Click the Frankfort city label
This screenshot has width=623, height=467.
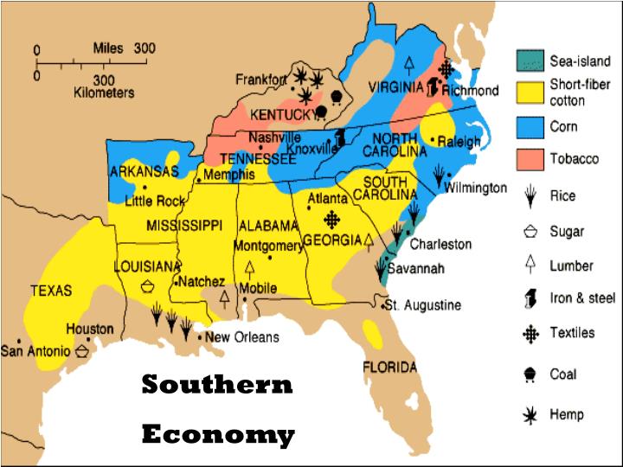tap(261, 80)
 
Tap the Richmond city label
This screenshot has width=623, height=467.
tap(470, 90)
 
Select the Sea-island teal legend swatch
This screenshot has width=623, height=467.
tap(530, 61)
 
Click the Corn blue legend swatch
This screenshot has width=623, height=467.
tap(530, 126)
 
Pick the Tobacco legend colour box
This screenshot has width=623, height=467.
tap(530, 159)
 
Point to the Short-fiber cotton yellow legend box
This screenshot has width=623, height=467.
tap(530, 93)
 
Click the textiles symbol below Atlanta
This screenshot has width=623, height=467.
tap(331, 221)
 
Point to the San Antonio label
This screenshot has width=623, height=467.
tap(35, 350)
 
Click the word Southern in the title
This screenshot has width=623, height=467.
tap(217, 384)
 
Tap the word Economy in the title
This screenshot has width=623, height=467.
tap(218, 433)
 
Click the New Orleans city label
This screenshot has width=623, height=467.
tap(242, 336)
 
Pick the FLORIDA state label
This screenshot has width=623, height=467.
tap(389, 367)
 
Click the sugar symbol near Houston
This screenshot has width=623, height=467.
tap(82, 350)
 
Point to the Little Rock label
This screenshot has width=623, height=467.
tap(155, 202)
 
